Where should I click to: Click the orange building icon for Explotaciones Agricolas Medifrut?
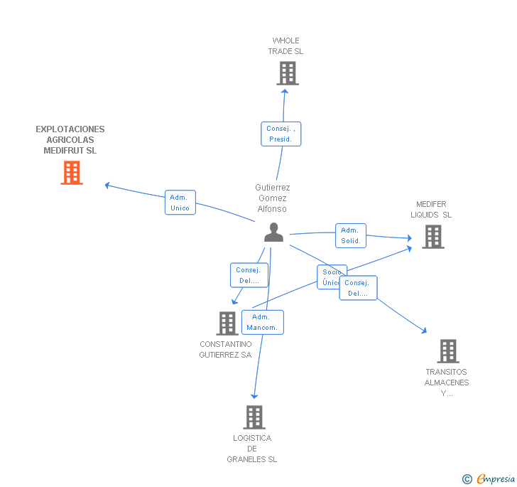(72, 173)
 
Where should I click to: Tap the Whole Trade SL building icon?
(287, 73)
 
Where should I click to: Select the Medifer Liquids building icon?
(432, 237)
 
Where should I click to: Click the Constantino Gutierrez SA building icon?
(227, 323)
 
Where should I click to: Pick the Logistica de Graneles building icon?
(254, 417)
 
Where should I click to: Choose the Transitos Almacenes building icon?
(447, 351)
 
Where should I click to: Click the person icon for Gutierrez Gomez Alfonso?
(273, 232)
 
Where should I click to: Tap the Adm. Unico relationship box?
(180, 203)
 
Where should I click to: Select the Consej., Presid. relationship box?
(281, 134)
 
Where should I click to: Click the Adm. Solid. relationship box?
(350, 235)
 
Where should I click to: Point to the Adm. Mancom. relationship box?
(262, 322)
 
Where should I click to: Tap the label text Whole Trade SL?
(285, 46)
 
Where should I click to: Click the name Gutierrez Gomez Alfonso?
(273, 198)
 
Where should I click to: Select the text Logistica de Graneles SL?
(252, 449)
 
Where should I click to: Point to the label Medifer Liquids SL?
(431, 210)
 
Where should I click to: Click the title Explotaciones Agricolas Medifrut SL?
(70, 140)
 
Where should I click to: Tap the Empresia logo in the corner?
(489, 478)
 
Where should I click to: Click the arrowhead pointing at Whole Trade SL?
(284, 90)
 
